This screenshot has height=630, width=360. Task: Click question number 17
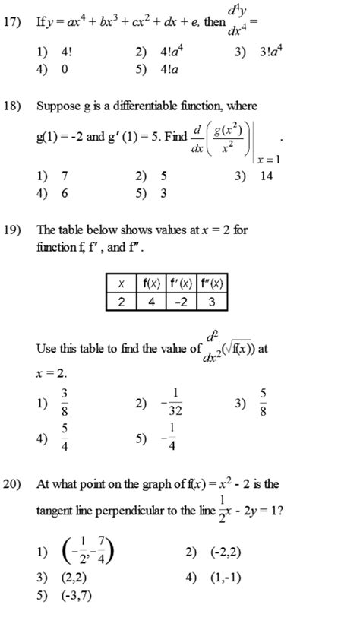click(x=11, y=22)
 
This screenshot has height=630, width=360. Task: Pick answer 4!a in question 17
click(x=168, y=69)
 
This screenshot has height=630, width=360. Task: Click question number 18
click(x=11, y=106)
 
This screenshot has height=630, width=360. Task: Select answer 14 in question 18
click(x=266, y=176)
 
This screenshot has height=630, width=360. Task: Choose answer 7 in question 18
click(x=64, y=176)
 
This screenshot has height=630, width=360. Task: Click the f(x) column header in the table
click(x=150, y=284)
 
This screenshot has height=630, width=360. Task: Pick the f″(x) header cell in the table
click(x=212, y=284)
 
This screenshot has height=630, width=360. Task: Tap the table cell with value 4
click(x=150, y=301)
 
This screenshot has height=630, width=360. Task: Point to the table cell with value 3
click(x=212, y=301)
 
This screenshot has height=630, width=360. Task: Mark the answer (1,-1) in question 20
click(x=224, y=577)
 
